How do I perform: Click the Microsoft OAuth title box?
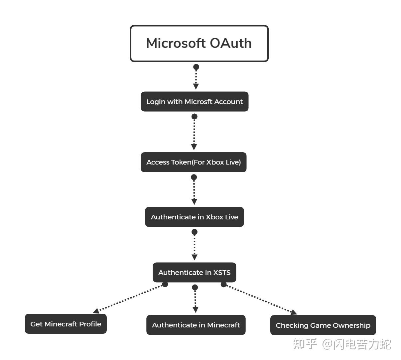coord(199,44)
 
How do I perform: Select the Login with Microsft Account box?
coord(195,102)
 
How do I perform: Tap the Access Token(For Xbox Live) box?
coord(194,162)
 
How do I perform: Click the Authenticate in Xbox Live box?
coord(194,217)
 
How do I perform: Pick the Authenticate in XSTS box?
coord(194,273)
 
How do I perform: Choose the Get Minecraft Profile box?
coord(66,324)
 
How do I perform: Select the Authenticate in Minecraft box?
coord(196,325)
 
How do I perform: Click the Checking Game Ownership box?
coord(323,325)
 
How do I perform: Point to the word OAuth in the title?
coord(231,44)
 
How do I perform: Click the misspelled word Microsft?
coord(198,102)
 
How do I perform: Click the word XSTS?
coord(222,273)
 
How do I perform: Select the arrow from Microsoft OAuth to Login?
coord(196,78)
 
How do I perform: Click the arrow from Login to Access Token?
coord(195,133)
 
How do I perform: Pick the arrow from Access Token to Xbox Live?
coord(194,191)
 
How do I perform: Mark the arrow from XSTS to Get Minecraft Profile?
coord(130,298)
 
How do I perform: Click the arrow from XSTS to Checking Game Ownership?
coord(259,298)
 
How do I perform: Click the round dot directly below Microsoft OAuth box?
coord(196,67)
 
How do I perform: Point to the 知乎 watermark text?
coord(305,344)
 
